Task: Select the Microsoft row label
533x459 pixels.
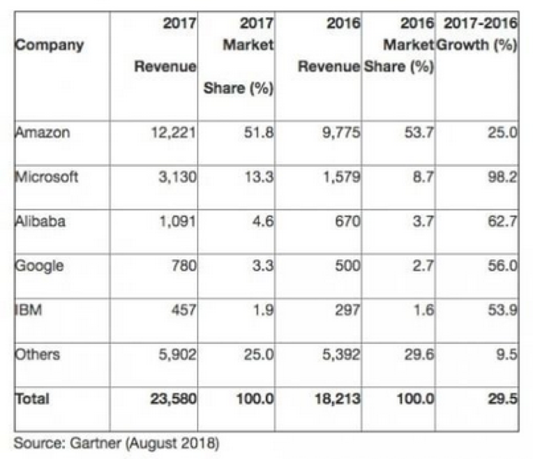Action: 47,176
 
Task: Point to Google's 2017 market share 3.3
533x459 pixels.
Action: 260,266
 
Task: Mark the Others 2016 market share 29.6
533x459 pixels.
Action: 418,354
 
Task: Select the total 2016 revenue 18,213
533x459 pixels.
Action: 336,399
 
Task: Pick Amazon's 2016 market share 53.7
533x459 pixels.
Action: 418,133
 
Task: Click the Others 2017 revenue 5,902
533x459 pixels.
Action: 174,354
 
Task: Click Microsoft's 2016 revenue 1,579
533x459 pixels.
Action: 341,176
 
